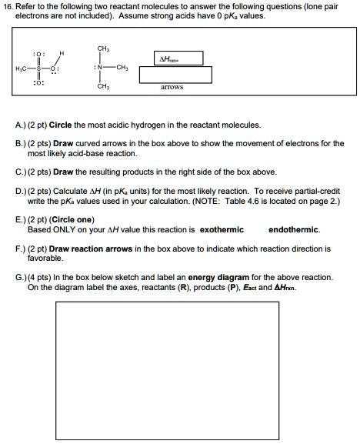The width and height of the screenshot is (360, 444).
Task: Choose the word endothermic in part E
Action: tap(296, 229)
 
